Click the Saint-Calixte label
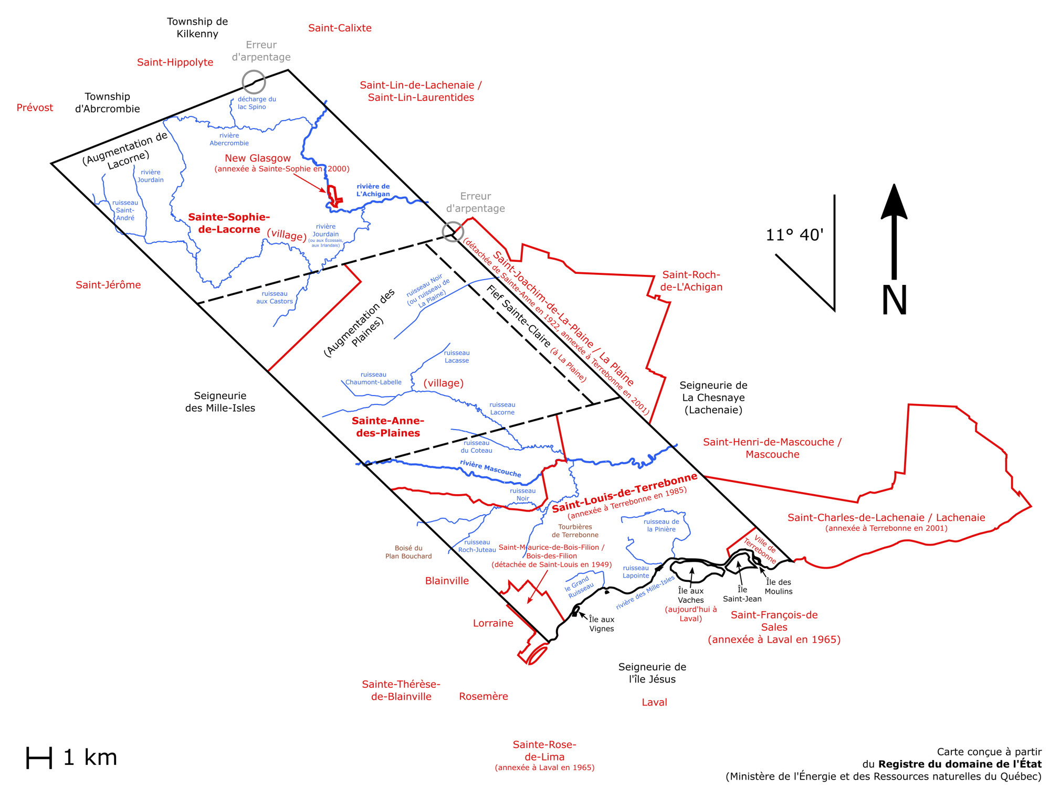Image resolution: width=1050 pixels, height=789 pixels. [340, 28]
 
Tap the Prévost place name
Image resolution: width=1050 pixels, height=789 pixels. [35, 108]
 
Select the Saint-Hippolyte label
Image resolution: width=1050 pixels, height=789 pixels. [175, 62]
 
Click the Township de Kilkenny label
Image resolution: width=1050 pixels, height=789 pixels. [197, 28]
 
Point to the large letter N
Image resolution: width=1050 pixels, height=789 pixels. [894, 300]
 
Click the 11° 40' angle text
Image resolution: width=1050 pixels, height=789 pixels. [794, 234]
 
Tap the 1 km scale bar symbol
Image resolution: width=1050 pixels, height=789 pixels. [39, 758]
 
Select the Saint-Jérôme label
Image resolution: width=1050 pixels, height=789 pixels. [108, 285]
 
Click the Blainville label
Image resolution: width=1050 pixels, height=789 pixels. [447, 581]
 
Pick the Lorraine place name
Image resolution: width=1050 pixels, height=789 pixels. [493, 623]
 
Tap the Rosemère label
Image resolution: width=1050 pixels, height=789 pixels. [484, 696]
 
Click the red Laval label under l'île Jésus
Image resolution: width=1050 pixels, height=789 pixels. [654, 702]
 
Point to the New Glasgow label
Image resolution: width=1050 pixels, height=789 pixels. [258, 158]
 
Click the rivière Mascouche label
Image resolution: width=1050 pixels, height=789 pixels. [490, 468]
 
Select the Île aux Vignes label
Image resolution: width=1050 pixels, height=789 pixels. [602, 624]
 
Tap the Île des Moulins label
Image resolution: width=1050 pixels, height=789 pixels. [778, 587]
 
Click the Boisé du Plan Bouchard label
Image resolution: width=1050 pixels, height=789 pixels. [408, 552]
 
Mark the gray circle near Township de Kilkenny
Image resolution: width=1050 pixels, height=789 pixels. [254, 82]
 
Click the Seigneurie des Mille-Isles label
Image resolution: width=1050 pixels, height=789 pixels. [220, 402]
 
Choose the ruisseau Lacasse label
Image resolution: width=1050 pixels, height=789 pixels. [457, 357]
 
